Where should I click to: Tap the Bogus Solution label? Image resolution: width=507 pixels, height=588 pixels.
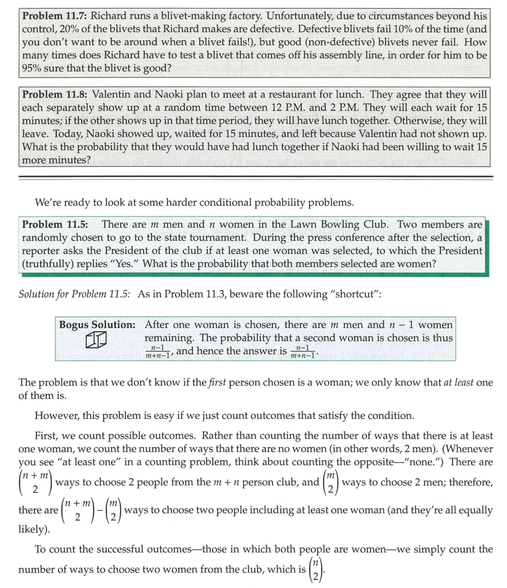pos(97,324)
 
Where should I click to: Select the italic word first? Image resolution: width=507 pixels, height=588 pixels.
pos(216,382)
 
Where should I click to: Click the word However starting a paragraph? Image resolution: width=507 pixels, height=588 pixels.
pos(54,415)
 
